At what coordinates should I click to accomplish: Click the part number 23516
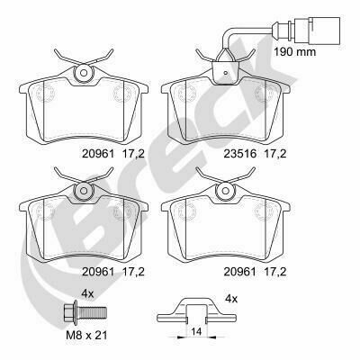(240, 154)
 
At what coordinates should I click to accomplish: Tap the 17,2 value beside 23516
(275, 154)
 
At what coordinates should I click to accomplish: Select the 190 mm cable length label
(295, 52)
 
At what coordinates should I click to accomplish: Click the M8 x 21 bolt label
(86, 335)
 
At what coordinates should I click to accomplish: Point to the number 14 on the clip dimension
(196, 332)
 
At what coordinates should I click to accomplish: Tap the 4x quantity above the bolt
(87, 294)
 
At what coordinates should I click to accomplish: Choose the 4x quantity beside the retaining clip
(231, 299)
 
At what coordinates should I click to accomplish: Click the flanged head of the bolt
(71, 312)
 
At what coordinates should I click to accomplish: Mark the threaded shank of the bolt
(93, 312)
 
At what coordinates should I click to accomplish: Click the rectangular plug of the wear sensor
(318, 30)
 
